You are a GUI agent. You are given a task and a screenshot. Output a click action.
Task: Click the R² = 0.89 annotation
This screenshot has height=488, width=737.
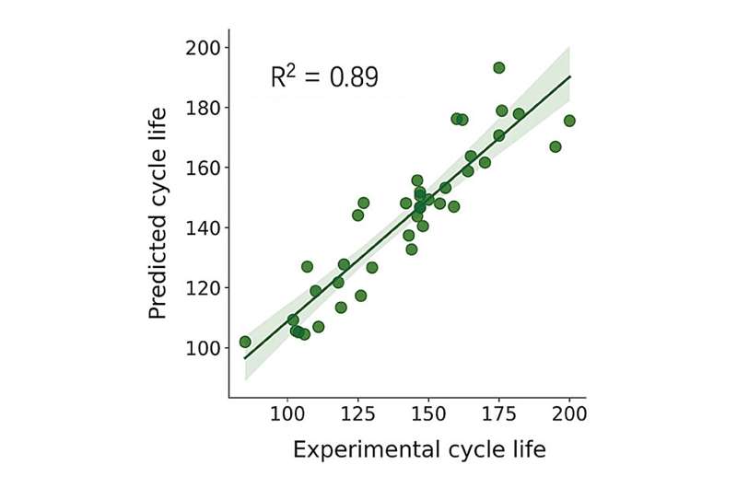[x=324, y=78]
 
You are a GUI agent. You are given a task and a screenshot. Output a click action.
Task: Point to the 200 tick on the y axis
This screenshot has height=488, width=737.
[x=203, y=48]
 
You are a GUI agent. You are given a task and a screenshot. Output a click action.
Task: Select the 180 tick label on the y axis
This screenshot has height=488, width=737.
[x=203, y=108]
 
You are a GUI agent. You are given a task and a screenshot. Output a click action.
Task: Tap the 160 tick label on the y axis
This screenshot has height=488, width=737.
[x=203, y=168]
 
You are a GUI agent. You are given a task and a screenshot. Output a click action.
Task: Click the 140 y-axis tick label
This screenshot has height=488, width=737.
[x=203, y=227]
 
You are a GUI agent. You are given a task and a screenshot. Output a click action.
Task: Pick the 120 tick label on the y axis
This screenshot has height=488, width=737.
[x=203, y=288]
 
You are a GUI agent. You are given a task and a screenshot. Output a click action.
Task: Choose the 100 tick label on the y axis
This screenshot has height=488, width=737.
[x=203, y=348]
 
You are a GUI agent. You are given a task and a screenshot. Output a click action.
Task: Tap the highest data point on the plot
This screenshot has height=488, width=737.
[x=499, y=67]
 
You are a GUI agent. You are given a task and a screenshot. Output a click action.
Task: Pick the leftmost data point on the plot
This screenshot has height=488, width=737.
[x=245, y=342]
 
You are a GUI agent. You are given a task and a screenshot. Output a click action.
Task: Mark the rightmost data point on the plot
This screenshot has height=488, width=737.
[x=569, y=121]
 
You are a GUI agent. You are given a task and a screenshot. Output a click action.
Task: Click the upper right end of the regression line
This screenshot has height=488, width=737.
[x=570, y=76]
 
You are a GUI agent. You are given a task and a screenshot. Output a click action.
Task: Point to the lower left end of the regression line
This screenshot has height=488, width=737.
[x=244, y=358]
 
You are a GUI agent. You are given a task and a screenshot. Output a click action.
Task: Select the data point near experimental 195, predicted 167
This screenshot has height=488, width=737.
[x=556, y=146]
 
